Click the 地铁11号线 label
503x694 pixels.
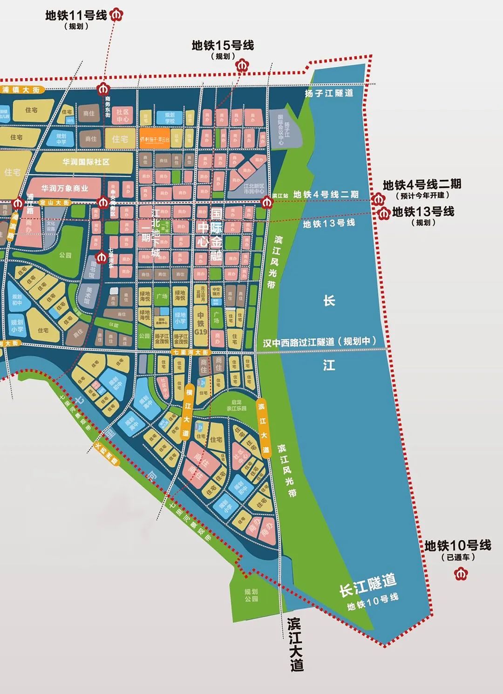pyautogui.click(x=76, y=15)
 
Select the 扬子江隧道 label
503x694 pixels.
pyautogui.click(x=329, y=93)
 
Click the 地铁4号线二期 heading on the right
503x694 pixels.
pyautogui.click(x=422, y=184)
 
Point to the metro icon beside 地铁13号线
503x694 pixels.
pyautogui.click(x=385, y=213)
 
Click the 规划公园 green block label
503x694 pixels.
pyautogui.click(x=251, y=595)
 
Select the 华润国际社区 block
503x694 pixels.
pyautogui.click(x=86, y=162)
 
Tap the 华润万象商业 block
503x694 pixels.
pyautogui.click(x=65, y=188)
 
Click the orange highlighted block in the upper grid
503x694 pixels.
pyautogui.click(x=155, y=138)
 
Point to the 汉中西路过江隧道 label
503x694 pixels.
pyautogui.click(x=319, y=341)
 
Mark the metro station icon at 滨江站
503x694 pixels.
pyautogui.click(x=267, y=202)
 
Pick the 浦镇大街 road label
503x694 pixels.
pyautogui.click(x=21, y=89)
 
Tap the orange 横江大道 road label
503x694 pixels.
pyautogui.click(x=188, y=412)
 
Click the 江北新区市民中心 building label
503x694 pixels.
pyautogui.click(x=254, y=188)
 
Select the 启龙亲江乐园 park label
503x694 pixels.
pyautogui.click(x=236, y=405)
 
